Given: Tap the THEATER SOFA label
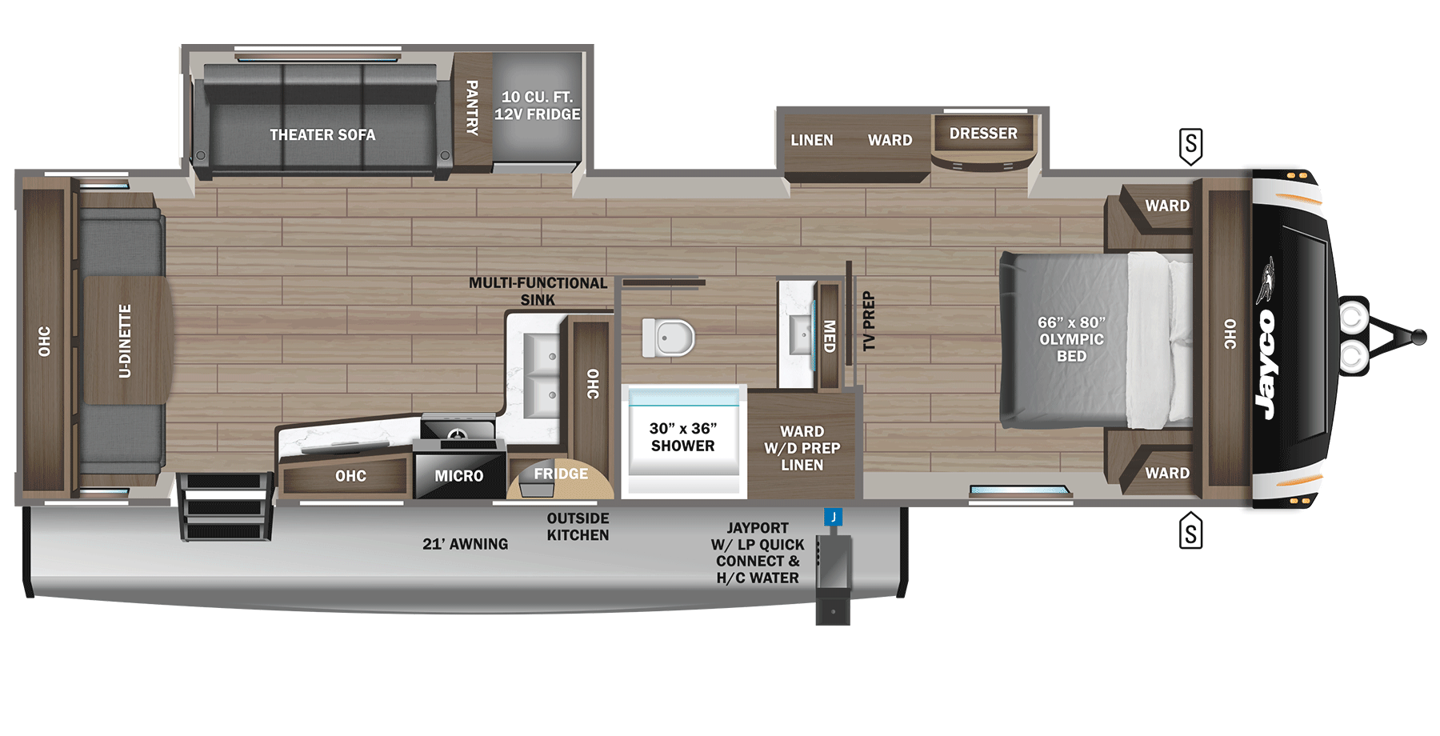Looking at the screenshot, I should [322, 135].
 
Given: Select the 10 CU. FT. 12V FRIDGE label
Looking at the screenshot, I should [537, 106].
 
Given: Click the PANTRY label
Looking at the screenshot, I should [472, 107].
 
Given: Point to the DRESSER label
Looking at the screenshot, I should [983, 134].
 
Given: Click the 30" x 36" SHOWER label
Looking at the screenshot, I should [682, 438].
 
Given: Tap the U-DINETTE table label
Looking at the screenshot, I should [125, 341].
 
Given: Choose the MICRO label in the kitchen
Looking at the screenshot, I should [458, 476].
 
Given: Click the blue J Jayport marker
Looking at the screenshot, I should [833, 517].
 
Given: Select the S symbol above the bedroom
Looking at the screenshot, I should [1190, 146].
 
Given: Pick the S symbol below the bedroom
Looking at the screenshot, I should [1190, 532].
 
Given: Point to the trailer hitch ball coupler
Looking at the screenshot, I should [1418, 337].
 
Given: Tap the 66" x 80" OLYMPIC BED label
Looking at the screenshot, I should [1071, 339].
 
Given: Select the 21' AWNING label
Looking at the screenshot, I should [465, 544].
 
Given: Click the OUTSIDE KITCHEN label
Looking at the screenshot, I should [578, 527].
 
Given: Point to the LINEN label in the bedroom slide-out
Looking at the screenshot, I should [811, 140].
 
